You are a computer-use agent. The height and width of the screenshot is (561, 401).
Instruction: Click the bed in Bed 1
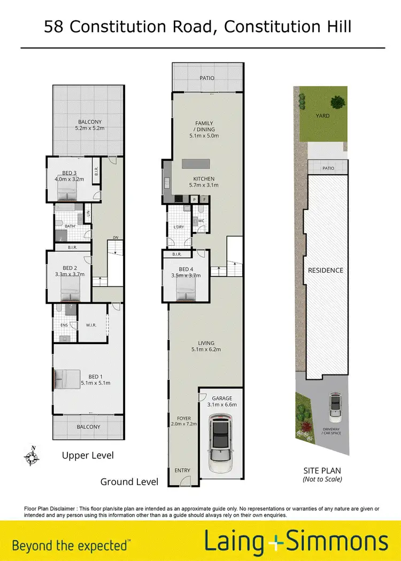66,380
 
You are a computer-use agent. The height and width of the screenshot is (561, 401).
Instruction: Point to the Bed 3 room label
70,173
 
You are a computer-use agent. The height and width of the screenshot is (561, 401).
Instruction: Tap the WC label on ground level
202,220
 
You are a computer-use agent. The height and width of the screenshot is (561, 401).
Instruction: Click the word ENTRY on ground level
182,470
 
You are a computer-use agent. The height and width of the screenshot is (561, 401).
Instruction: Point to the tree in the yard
338,102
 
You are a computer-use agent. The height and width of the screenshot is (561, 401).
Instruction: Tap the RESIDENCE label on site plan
325,270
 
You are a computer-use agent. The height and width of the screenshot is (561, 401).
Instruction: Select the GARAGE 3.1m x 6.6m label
221,402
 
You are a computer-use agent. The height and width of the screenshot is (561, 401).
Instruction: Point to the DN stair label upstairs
115,238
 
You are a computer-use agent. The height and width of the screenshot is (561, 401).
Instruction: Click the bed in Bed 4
187,293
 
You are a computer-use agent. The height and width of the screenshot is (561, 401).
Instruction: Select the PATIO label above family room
207,78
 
